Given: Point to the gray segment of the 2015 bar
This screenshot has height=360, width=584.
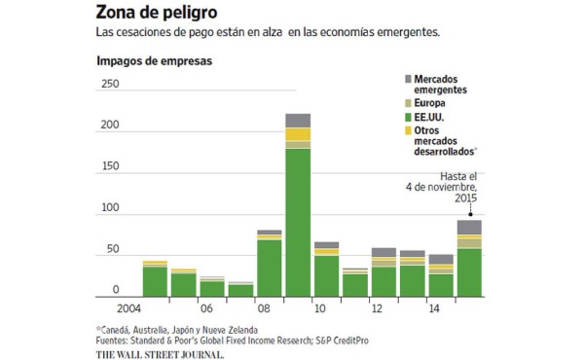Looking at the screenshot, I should (x=469, y=227).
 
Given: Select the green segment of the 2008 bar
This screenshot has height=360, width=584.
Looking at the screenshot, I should (x=270, y=268).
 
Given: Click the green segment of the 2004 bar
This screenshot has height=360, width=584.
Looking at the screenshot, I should (x=155, y=280).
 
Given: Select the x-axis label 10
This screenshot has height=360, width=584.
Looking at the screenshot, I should (x=318, y=308).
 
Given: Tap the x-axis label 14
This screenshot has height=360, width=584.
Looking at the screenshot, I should (x=433, y=308).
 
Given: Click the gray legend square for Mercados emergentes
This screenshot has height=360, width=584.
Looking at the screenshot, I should (x=406, y=78).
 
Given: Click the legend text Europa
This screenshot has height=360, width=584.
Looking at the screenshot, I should (x=432, y=101).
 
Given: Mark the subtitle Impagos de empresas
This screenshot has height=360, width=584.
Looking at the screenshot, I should (x=154, y=61).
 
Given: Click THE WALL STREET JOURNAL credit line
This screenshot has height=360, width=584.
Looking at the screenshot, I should (x=160, y=353).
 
